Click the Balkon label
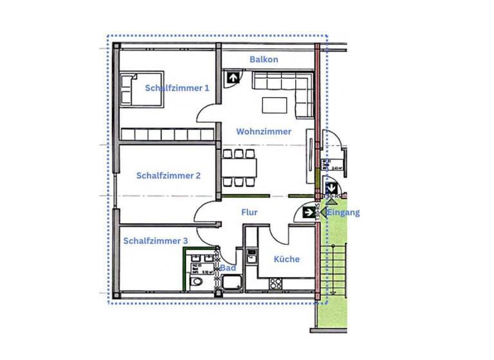click(264, 60)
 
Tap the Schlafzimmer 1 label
click(177, 88)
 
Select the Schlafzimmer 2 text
click(169, 175)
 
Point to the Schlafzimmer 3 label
click(155, 241)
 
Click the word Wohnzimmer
click(264, 131)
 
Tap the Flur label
click(250, 212)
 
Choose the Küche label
click(286, 259)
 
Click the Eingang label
click(344, 213)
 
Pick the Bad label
click(227, 267)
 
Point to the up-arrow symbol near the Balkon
click(231, 78)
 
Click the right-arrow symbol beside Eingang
click(308, 212)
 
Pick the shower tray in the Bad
click(231, 283)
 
